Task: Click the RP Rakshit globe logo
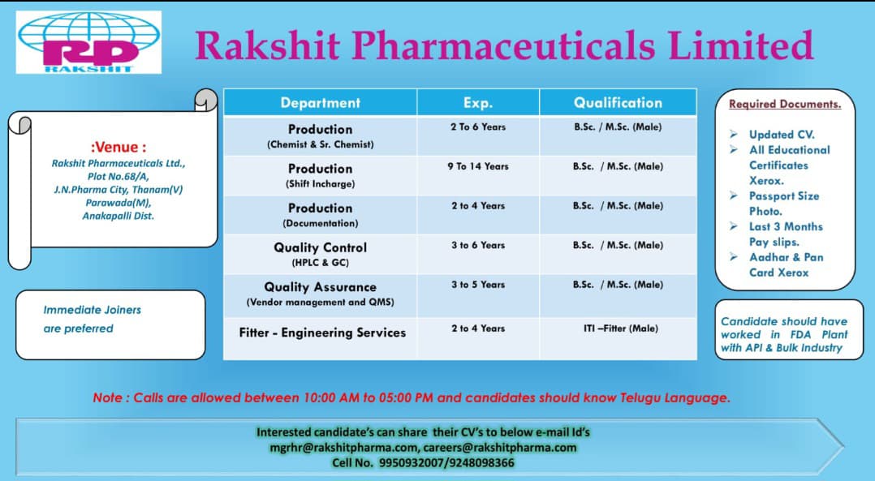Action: (x=88, y=42)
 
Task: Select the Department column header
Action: (x=321, y=102)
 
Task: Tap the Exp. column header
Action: (x=478, y=102)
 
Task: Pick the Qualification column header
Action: (x=619, y=102)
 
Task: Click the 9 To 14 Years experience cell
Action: (x=478, y=166)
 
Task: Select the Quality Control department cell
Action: (x=321, y=254)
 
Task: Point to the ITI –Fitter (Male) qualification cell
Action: (x=620, y=329)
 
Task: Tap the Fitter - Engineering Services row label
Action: (x=322, y=333)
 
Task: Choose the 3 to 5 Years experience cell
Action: (x=478, y=284)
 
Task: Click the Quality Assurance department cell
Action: (x=321, y=294)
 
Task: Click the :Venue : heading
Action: (x=119, y=147)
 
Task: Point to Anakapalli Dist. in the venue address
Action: (x=119, y=216)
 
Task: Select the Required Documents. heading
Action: (x=785, y=104)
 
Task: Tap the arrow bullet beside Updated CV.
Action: (x=734, y=135)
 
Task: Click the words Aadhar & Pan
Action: (x=787, y=257)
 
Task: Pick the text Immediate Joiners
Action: (x=92, y=310)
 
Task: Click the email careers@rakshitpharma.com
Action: (x=499, y=448)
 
